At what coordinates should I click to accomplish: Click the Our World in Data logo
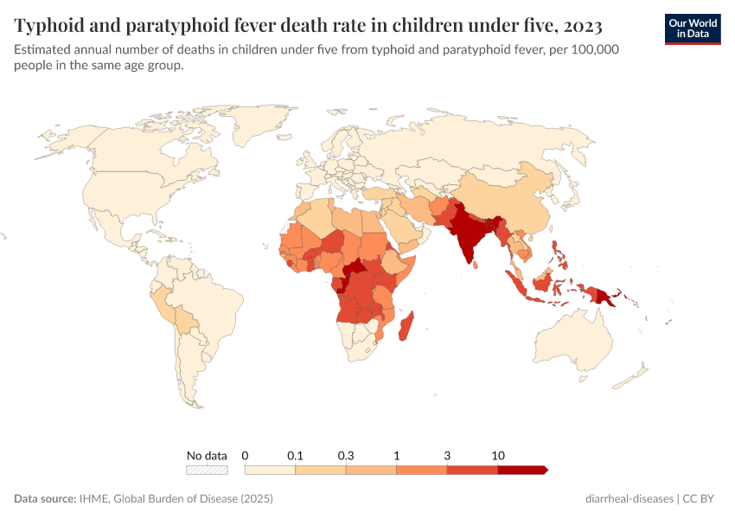pos(692,28)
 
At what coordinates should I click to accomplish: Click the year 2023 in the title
pos(580,24)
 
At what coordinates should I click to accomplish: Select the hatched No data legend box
pos(207,470)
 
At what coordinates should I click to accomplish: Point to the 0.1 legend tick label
pos(296,455)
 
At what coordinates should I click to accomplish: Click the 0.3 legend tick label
pos(346,455)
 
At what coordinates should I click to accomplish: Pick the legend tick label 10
pos(498,455)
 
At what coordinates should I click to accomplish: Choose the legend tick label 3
pos(447,455)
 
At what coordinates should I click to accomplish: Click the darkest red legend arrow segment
pos(522,470)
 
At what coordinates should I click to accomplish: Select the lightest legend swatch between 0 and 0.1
pos(270,470)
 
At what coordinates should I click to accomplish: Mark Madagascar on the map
pos(406,327)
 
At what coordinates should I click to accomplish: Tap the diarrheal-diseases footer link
pos(629,499)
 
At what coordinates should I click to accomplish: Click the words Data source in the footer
pos(44,499)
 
